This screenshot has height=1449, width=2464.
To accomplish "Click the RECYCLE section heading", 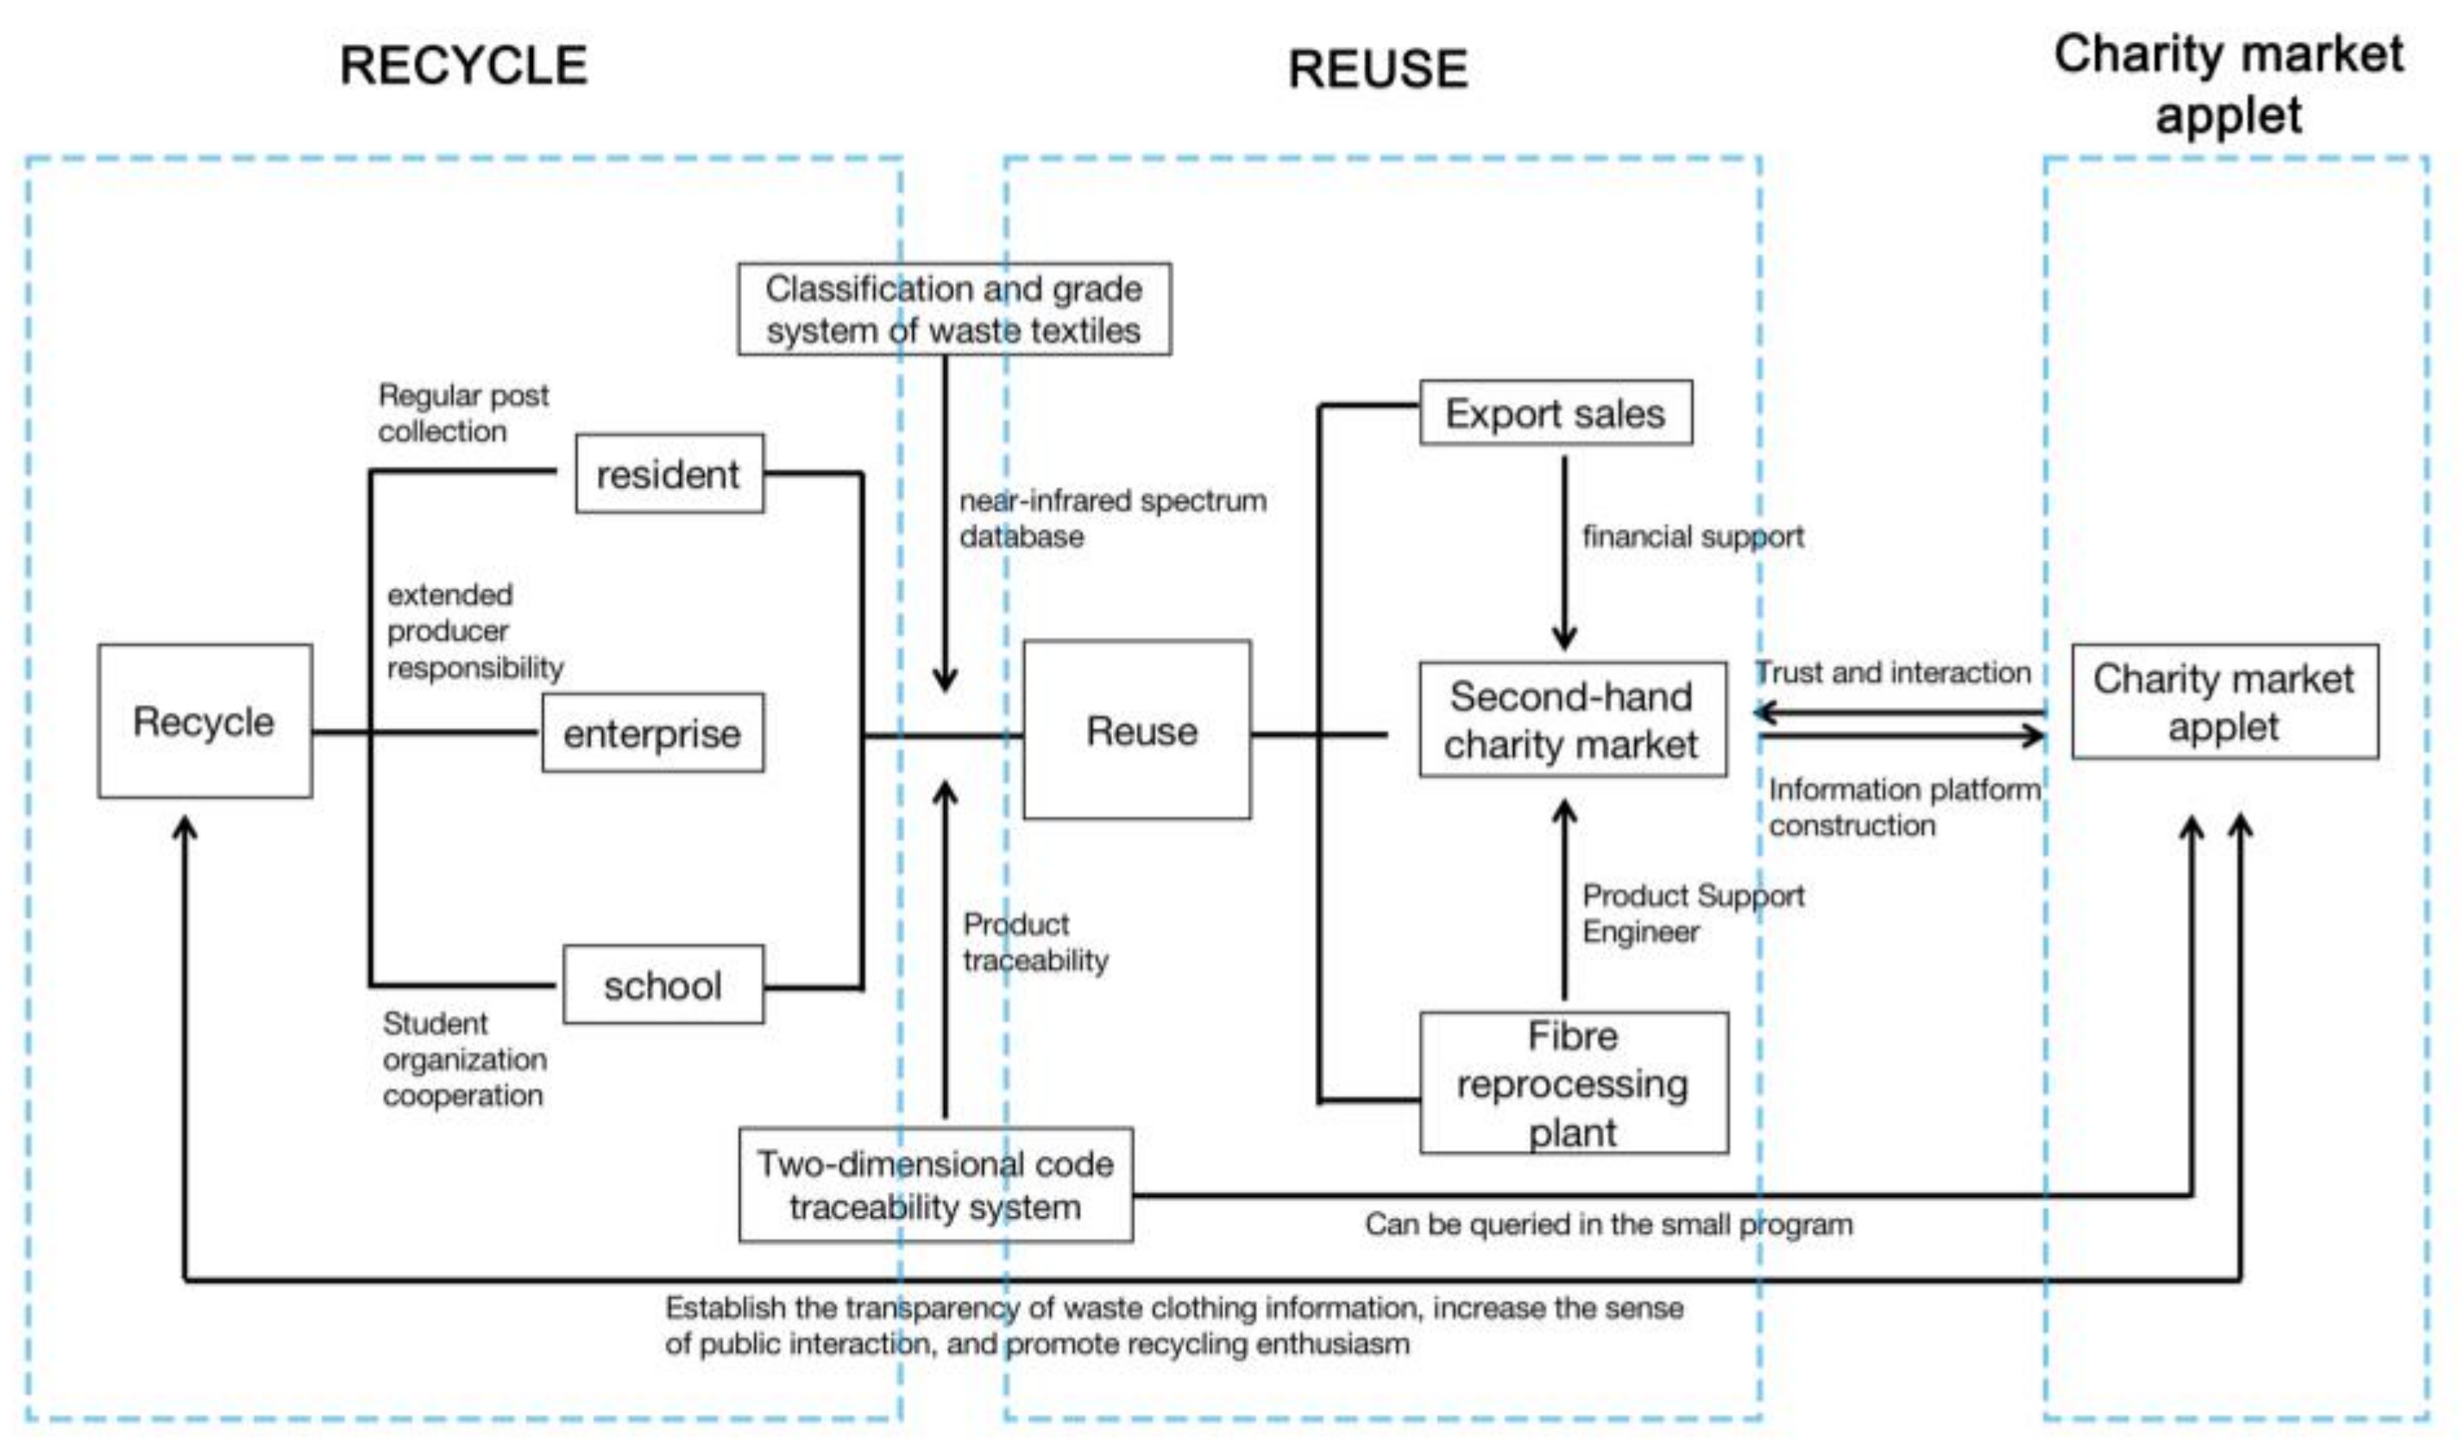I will coord(463,66).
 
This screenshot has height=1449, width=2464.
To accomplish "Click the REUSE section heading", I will coord(1377,69).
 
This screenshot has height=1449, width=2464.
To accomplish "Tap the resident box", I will coord(669,474).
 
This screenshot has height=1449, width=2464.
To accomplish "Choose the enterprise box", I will coord(652,732).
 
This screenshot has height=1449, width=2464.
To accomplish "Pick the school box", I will coord(663,985).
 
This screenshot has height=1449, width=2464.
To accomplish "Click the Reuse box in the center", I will coord(1137,730).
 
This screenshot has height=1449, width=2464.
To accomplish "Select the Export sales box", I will coord(1555,414).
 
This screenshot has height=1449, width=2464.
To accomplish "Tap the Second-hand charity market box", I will coord(1571,719).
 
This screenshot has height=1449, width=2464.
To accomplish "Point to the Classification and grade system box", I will coord(953,309).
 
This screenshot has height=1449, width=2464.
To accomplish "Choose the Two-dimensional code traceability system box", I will coord(934,1184).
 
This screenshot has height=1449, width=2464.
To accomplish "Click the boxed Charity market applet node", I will coord(2223,701).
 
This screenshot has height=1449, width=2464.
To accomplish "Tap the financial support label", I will coord(1693,536).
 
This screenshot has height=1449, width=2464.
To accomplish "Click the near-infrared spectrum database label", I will coord(1112,518).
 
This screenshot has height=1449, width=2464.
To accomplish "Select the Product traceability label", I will coord(1034,942).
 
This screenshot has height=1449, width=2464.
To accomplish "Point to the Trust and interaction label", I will coord(1892,673).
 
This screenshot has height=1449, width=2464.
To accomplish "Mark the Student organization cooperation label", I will coord(463,1059).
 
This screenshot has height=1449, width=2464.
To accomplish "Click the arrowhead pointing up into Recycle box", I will coord(185,829).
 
